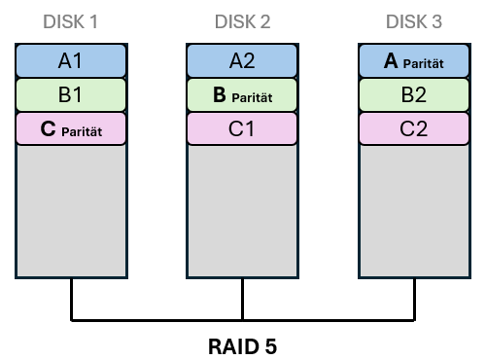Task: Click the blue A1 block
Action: pyautogui.click(x=71, y=61)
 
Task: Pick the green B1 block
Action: pyautogui.click(x=71, y=95)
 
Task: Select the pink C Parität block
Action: pyautogui.click(x=71, y=128)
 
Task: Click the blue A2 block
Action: pyautogui.click(x=242, y=61)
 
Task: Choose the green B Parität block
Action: pyautogui.click(x=242, y=95)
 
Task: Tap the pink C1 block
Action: pyautogui.click(x=242, y=128)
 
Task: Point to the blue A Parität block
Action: pyautogui.click(x=413, y=61)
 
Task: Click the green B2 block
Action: pyautogui.click(x=413, y=95)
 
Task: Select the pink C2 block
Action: pyautogui.click(x=413, y=128)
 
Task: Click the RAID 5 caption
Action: pyautogui.click(x=242, y=344)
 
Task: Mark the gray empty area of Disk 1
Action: pyautogui.click(x=71, y=209)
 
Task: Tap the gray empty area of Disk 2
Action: pyautogui.click(x=242, y=209)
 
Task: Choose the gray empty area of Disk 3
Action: pyautogui.click(x=413, y=209)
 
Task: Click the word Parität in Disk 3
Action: pyautogui.click(x=424, y=63)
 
